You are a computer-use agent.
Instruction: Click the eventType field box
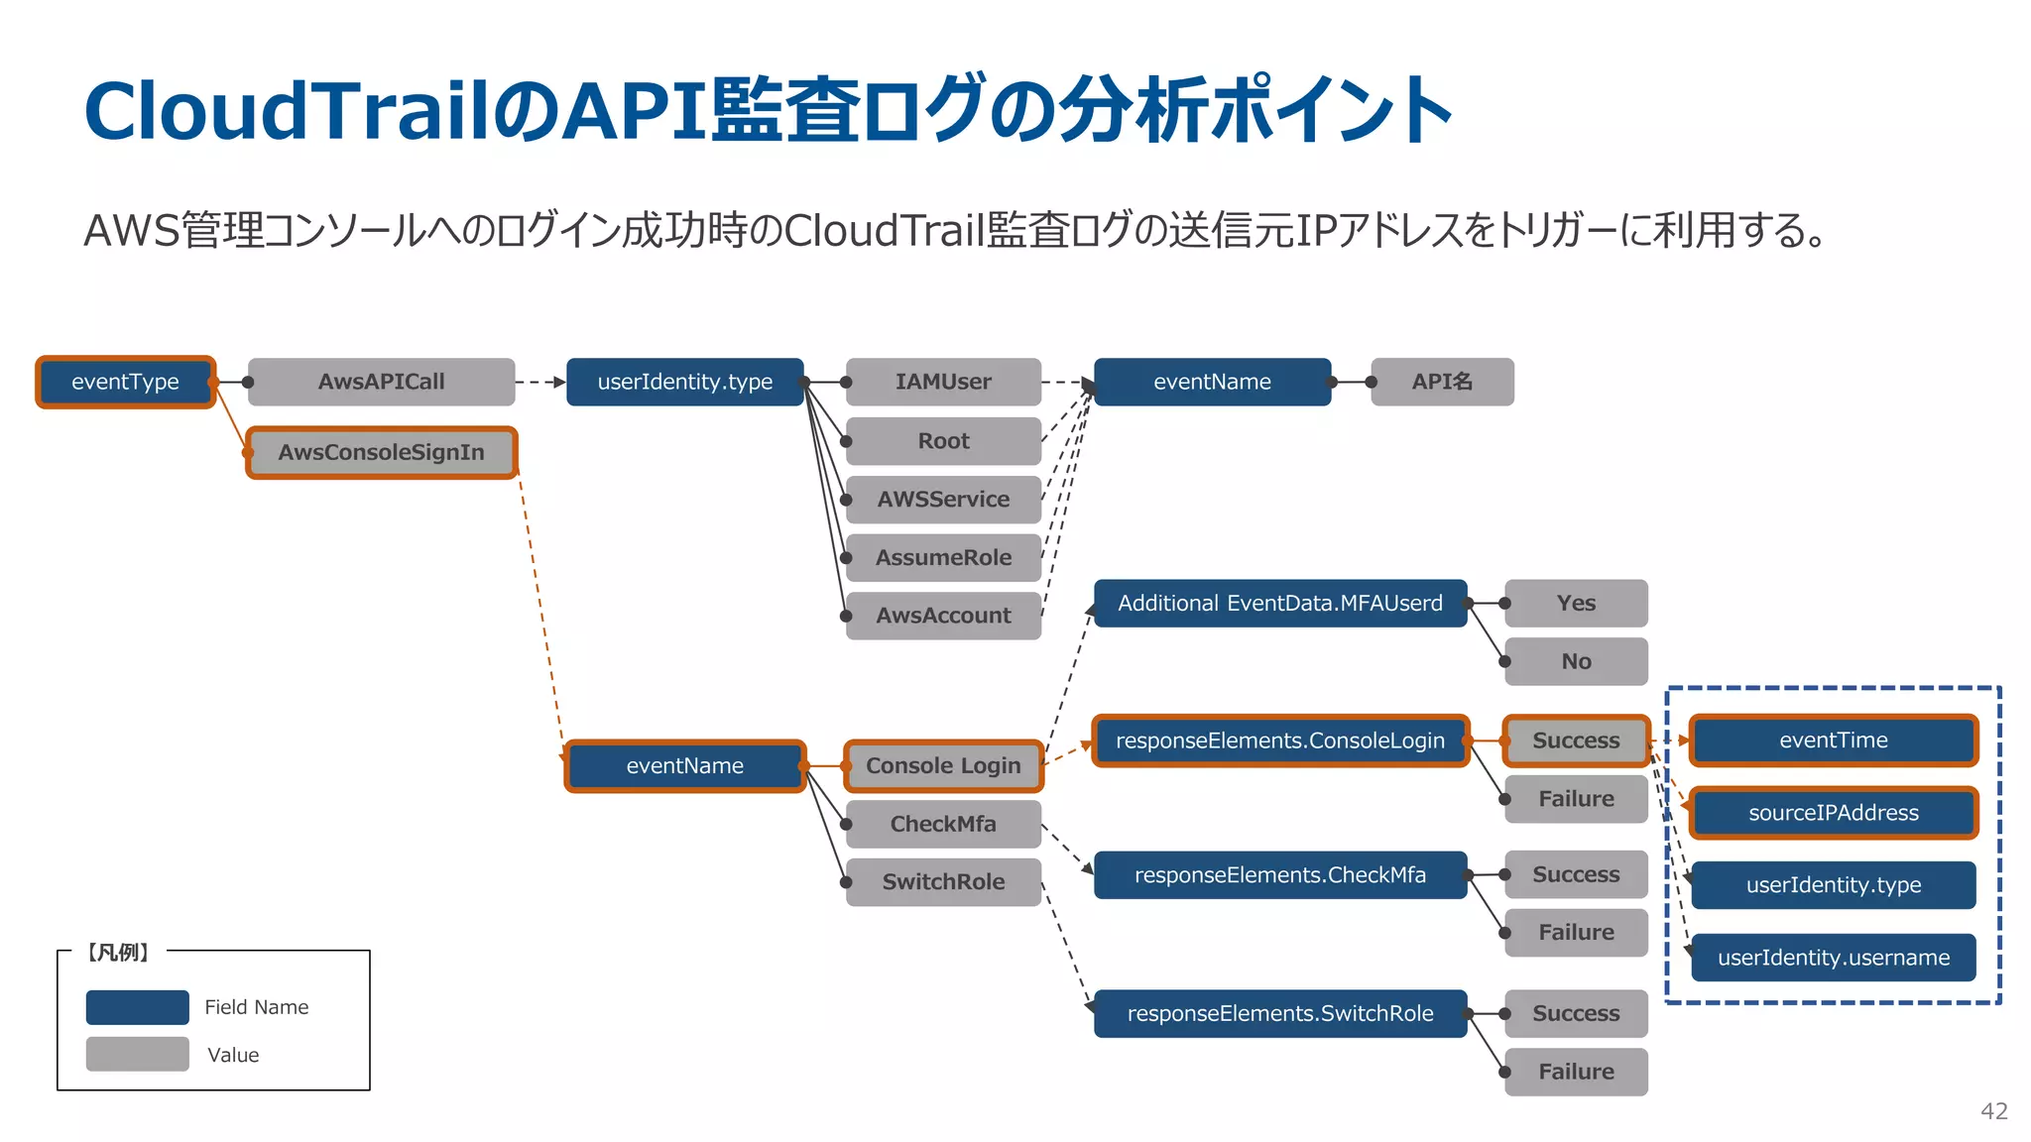[x=125, y=382]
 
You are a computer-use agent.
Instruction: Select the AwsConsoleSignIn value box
[x=381, y=452]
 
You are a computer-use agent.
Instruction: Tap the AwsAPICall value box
[x=381, y=382]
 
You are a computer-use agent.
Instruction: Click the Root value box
[x=943, y=440]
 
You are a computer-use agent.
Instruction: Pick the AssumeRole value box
[x=943, y=557]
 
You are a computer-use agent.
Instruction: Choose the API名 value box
[x=1442, y=382]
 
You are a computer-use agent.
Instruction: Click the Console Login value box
[x=943, y=765]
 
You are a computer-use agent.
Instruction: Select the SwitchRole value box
[x=943, y=881]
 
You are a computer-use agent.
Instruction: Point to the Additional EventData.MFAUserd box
[x=1279, y=603]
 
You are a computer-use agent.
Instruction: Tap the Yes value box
[x=1576, y=603]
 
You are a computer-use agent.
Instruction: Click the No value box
[x=1576, y=661]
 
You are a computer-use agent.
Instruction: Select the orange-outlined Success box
[x=1576, y=741]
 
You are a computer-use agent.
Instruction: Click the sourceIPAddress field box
[x=1833, y=813]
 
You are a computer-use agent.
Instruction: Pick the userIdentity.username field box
[x=1833, y=958]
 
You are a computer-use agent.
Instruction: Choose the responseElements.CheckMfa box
[x=1279, y=874]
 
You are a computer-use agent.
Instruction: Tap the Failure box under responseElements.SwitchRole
[x=1576, y=1072]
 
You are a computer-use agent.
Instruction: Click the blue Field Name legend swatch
[x=137, y=1007]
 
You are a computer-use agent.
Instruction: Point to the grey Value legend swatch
[x=137, y=1054]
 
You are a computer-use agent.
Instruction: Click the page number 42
[x=1993, y=1111]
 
